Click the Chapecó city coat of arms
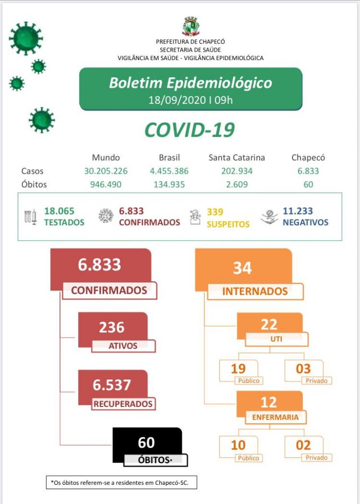coord(191,27)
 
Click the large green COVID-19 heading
coord(189,130)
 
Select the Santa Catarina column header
coord(237,157)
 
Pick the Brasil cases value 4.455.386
coord(169,171)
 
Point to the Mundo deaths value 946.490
coord(106,185)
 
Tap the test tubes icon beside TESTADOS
coord(30,217)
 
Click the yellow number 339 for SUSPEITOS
coord(215,212)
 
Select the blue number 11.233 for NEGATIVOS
coord(298,211)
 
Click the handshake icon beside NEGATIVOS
coord(269,217)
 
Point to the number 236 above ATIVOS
coord(112,327)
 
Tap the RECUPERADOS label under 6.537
coord(123,405)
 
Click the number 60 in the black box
coord(146,442)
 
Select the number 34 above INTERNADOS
coord(242,268)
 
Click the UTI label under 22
coord(277,339)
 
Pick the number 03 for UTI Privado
coord(303,369)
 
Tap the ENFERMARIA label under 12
coord(275,417)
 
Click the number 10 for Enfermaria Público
coord(238,445)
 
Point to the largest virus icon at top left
coord(26,38)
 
